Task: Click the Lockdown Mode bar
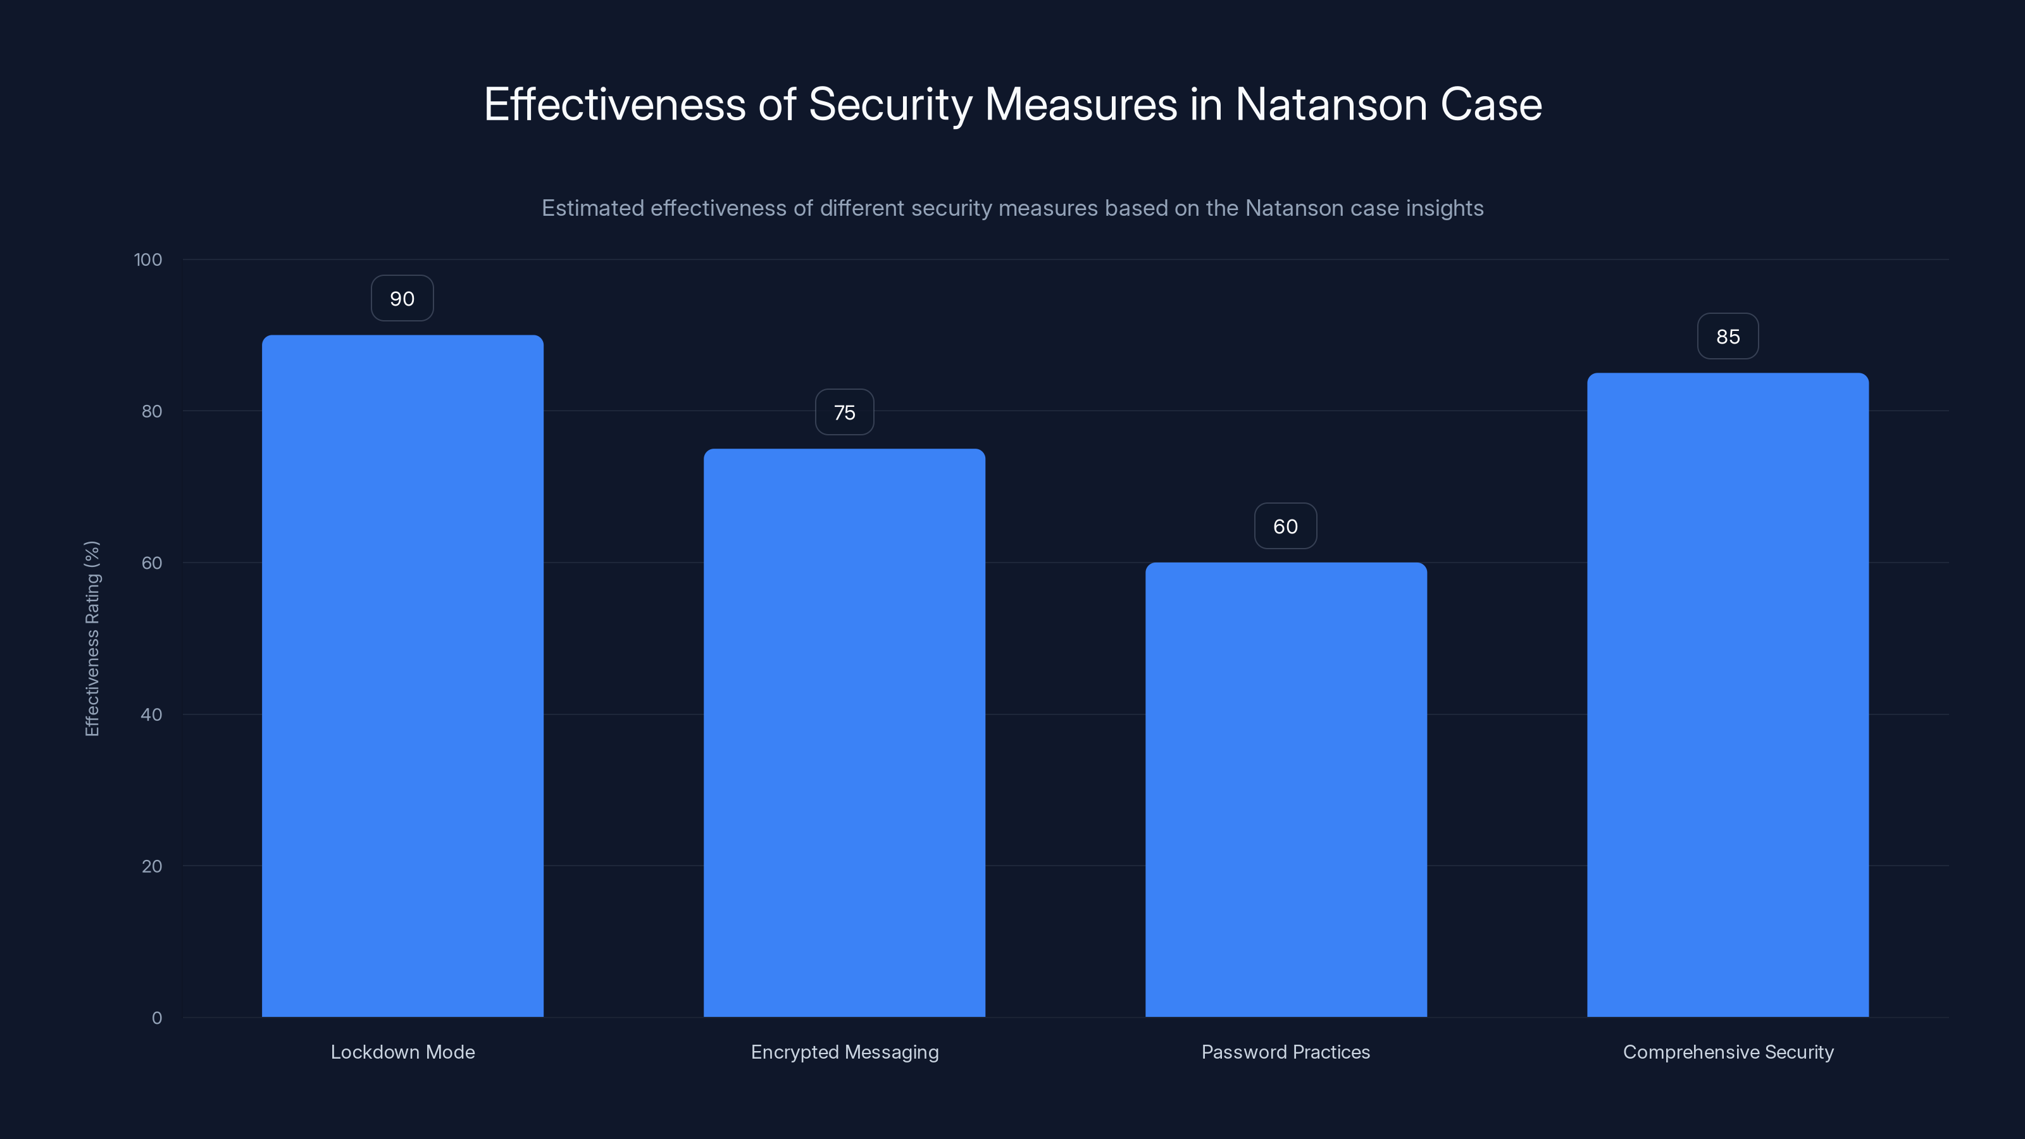402,676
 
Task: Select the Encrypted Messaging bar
844,733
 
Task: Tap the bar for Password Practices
1286,789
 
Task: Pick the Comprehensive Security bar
1728,695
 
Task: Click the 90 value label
402,299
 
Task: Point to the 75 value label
844,413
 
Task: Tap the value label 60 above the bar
1286,526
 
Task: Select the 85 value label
1728,337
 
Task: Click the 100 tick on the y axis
148,260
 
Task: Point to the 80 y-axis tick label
152,412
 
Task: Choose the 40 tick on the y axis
152,715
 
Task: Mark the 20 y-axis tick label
152,867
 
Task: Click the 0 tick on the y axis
157,1019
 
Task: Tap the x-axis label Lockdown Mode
402,1052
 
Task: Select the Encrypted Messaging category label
844,1052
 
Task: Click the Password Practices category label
1286,1052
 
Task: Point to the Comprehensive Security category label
1728,1052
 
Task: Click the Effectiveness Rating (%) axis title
92,638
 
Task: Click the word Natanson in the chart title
1331,104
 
